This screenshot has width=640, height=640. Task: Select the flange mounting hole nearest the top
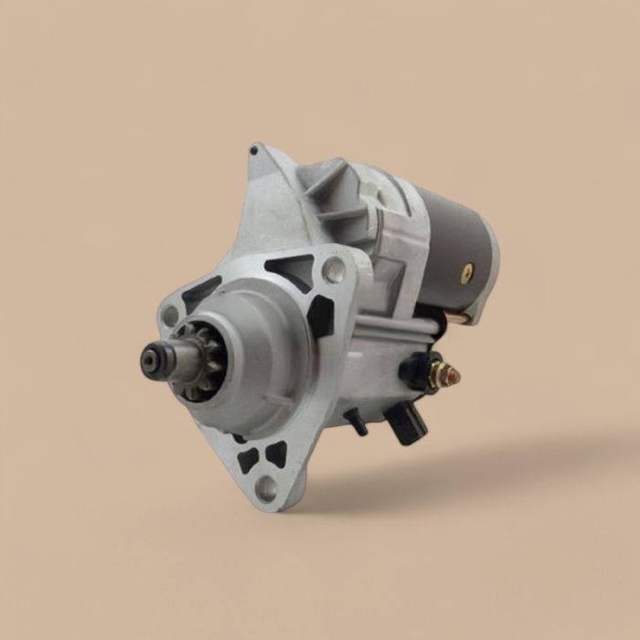coord(333,270)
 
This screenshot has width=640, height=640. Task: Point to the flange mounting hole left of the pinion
coord(169,315)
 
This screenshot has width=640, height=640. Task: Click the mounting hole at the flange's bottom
coord(266,486)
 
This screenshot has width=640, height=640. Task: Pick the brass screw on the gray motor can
coord(468,272)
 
